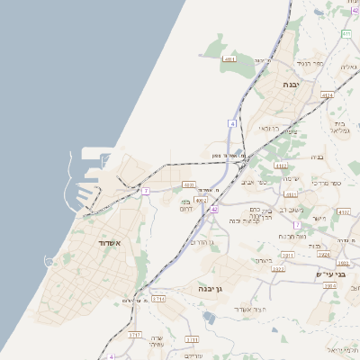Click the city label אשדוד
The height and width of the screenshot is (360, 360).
click(92, 243)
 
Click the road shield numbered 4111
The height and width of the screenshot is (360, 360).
click(229, 59)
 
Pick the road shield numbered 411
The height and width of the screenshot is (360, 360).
click(346, 34)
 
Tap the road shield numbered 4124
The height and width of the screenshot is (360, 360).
click(327, 94)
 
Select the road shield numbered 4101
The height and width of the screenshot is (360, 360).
click(282, 166)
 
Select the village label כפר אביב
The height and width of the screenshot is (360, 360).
click(255, 182)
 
